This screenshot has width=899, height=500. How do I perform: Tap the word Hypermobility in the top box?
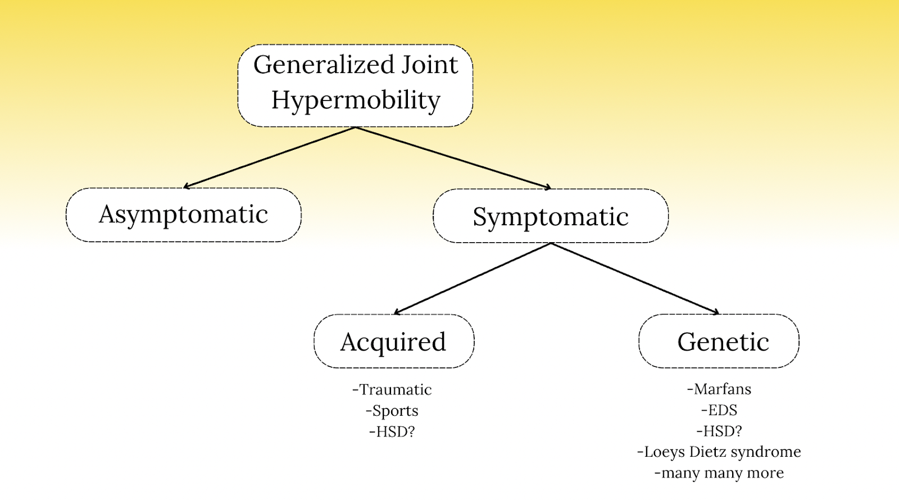356,101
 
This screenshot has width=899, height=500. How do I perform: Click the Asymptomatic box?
184,215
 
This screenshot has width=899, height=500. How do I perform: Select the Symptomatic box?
551,216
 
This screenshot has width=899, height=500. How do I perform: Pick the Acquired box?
393,342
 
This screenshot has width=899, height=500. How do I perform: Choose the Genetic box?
719,342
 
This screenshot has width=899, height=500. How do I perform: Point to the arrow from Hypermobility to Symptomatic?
453,158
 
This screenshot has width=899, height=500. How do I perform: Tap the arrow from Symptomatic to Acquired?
472,278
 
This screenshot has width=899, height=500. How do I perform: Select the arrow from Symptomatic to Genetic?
635,278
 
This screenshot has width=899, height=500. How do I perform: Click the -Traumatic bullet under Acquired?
392,390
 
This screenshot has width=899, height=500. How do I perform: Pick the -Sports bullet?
392,411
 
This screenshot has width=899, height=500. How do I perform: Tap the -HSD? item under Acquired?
392,432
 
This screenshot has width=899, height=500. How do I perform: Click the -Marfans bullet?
719,389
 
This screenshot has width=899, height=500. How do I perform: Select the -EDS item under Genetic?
719,410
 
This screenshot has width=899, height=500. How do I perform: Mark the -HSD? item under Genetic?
719,431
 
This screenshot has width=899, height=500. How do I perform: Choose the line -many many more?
719,473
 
